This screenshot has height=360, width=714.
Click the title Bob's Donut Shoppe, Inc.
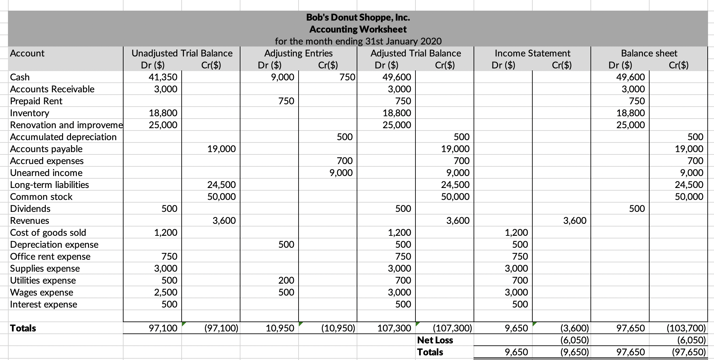point(358,17)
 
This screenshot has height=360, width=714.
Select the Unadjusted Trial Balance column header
point(182,53)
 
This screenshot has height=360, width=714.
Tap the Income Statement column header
point(532,53)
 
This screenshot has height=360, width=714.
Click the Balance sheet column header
point(649,53)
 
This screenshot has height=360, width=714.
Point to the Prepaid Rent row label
point(36,101)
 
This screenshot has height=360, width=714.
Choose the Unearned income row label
point(46,173)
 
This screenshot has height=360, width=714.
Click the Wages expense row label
point(42,292)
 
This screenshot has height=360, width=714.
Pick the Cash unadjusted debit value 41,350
point(163,77)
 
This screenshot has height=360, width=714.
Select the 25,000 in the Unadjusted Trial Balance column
point(163,125)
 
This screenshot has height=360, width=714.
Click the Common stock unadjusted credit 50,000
point(222,197)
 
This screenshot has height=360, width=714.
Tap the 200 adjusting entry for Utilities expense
point(286,280)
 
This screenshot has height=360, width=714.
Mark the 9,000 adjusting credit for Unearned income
point(341,173)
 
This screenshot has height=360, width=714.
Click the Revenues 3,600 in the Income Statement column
point(575,221)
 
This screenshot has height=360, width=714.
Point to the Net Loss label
point(435,340)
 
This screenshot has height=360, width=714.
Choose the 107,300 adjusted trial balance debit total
point(394,328)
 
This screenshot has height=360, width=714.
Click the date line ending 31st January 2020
point(358,41)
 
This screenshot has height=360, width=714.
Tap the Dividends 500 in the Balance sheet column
point(637,209)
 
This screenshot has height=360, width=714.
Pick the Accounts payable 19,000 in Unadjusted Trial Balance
point(222,149)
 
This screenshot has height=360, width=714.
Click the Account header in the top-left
point(27,53)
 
